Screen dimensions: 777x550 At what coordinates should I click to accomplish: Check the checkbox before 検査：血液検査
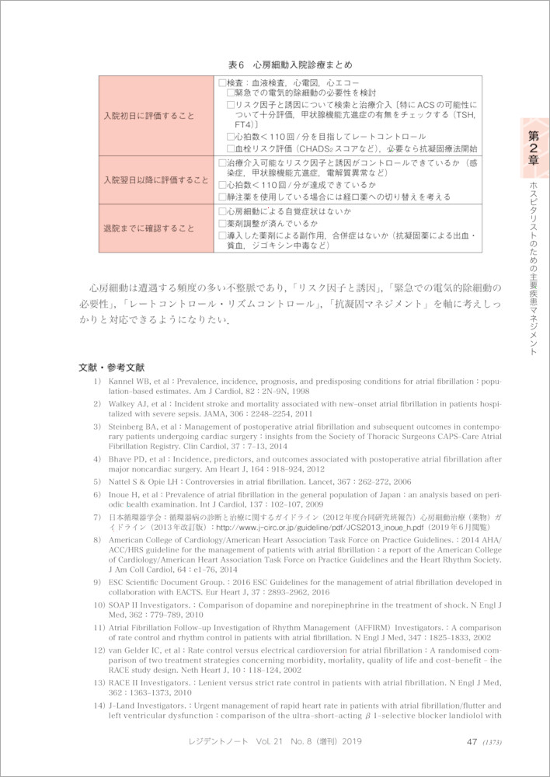pos(222,81)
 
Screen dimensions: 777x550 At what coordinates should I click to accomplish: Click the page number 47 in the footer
pos(472,741)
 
